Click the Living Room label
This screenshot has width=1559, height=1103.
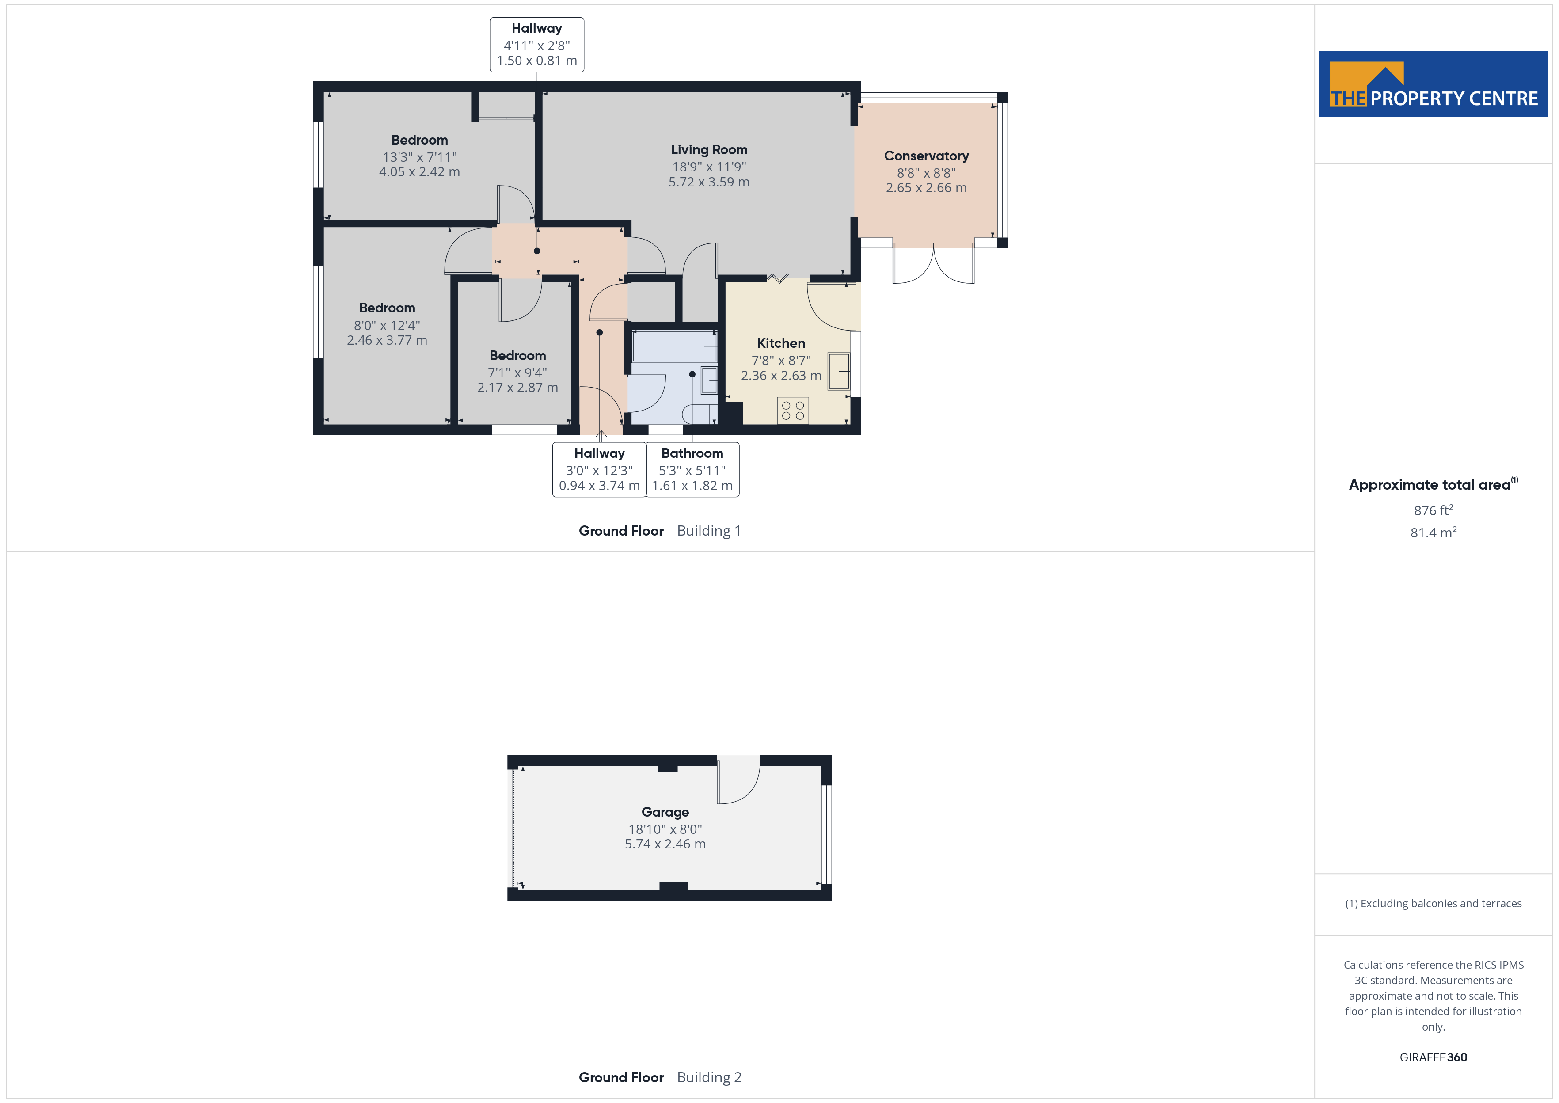tap(709, 149)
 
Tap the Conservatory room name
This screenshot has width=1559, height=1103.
tap(926, 156)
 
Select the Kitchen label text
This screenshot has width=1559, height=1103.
tap(781, 343)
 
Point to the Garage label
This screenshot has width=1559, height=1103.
tap(665, 812)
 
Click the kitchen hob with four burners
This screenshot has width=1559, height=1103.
tap(792, 410)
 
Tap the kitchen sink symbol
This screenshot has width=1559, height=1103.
tap(839, 371)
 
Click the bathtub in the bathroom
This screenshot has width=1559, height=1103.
tap(675, 346)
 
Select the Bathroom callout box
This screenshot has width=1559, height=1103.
tap(692, 469)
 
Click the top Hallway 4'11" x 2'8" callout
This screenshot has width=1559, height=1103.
tap(536, 45)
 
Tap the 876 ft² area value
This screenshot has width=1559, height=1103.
tap(1434, 510)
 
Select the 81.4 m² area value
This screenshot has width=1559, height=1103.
tap(1434, 532)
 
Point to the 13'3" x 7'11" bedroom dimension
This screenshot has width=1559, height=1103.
tap(420, 157)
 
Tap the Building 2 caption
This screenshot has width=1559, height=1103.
tap(709, 1077)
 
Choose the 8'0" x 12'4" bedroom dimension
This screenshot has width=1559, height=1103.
tap(387, 325)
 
